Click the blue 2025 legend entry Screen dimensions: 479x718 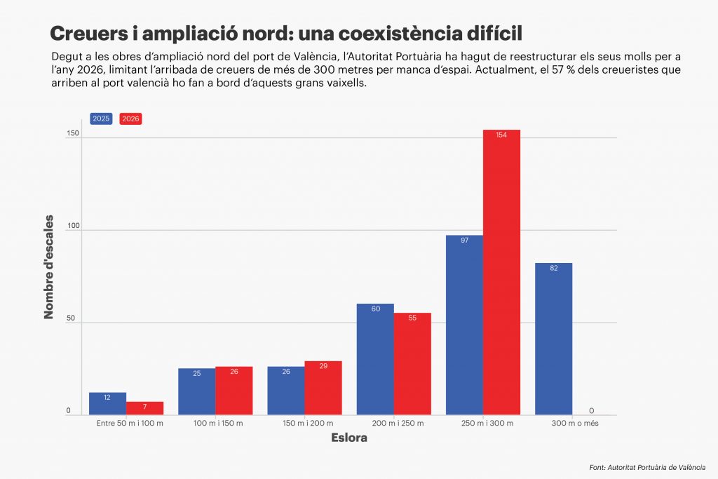tap(101, 119)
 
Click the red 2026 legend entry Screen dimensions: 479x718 tap(130, 119)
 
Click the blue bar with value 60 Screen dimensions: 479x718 tap(375, 359)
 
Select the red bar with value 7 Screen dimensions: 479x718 tap(144, 408)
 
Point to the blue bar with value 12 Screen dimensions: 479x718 tap(107, 403)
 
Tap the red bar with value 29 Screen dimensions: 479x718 tap(323, 388)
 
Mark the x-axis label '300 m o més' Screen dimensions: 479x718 tap(574, 424)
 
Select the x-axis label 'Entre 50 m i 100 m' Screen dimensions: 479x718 tap(130, 424)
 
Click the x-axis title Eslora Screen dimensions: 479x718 tap(348, 438)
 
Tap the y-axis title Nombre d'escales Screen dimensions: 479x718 tap(49, 271)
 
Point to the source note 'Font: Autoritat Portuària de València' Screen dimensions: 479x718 tap(647, 466)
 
